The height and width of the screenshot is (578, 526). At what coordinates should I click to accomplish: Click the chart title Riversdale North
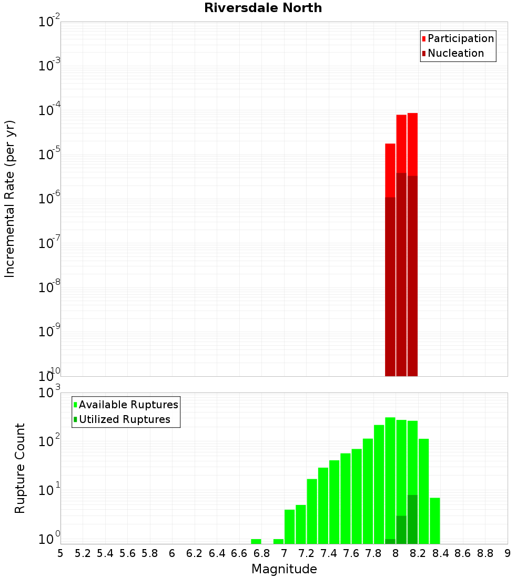[263, 8]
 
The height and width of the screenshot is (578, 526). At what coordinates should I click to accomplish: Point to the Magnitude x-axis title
[284, 569]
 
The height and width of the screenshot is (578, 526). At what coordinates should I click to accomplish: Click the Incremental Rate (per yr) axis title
[10, 199]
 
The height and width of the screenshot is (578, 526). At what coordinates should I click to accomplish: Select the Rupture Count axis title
[20, 468]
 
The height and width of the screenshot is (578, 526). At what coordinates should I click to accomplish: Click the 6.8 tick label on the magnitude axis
[261, 553]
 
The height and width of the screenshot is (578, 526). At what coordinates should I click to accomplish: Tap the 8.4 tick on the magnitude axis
[440, 553]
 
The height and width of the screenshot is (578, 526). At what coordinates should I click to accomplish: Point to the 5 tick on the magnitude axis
[60, 553]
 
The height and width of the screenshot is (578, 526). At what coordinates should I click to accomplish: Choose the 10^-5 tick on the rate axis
[49, 154]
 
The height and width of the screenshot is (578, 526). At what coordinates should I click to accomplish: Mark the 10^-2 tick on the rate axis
[49, 22]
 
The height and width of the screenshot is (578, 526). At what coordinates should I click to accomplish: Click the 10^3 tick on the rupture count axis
[49, 393]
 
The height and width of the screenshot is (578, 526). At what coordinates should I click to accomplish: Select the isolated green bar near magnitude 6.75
[256, 541]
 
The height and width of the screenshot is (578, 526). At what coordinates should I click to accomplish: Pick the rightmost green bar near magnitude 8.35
[435, 520]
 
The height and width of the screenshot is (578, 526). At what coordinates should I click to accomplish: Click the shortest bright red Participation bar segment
[390, 170]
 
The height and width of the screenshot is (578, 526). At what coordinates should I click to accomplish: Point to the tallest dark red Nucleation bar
[401, 273]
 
